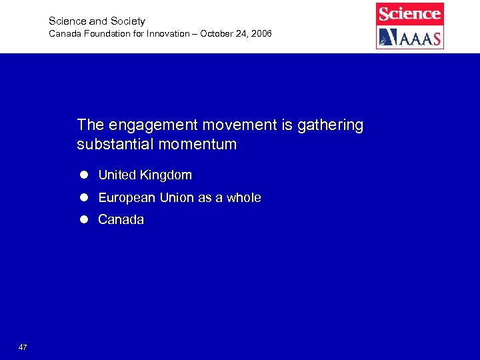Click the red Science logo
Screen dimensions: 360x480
point(409,13)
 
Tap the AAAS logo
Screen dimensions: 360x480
point(409,37)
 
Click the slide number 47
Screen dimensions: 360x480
point(23,347)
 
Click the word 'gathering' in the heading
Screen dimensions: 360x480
point(332,125)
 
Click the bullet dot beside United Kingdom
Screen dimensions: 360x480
point(85,175)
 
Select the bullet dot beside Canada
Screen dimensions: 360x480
point(85,219)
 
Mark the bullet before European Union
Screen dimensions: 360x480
point(85,198)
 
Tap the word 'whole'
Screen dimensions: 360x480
point(243,198)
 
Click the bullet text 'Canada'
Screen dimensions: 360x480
point(121,219)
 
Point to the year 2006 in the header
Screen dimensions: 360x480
point(260,33)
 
